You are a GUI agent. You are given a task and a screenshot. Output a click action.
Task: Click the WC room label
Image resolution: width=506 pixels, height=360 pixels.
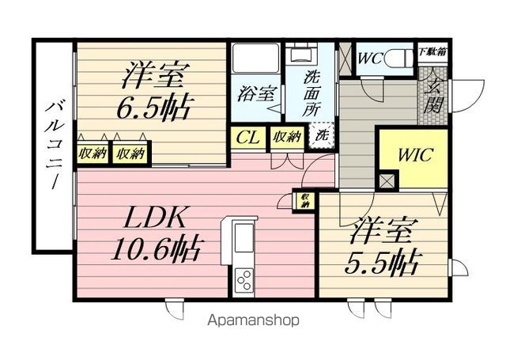click(x=370, y=59)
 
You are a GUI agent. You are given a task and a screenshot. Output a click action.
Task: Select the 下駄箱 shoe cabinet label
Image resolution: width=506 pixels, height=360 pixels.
click(x=432, y=52)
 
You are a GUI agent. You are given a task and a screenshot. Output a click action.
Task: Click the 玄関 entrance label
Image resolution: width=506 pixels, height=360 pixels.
click(x=432, y=96)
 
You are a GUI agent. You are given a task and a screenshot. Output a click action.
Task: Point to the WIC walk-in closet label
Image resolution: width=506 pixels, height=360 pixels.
click(x=414, y=154)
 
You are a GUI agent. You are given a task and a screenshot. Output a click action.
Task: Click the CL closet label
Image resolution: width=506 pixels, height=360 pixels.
click(x=247, y=138)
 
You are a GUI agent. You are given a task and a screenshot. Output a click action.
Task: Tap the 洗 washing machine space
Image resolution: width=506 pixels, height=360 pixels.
click(x=322, y=135)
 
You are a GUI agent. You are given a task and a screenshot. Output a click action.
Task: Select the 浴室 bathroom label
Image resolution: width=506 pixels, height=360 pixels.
click(x=255, y=93)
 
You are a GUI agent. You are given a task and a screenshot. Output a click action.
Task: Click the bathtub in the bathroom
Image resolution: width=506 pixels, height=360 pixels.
click(x=255, y=58)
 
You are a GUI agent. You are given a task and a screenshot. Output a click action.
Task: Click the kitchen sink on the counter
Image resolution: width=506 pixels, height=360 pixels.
click(x=244, y=238)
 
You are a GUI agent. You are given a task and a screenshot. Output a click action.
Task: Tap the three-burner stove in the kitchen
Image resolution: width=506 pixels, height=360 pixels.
click(x=244, y=280)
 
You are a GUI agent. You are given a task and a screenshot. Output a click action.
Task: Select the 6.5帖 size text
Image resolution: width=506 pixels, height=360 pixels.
click(x=152, y=108)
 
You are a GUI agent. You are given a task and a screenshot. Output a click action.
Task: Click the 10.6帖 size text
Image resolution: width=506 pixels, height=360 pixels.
click(x=154, y=249)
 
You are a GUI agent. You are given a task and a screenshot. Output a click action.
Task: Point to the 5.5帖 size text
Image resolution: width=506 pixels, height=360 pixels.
click(x=383, y=263)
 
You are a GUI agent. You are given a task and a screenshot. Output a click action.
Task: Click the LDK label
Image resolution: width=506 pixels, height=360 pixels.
click(x=154, y=218)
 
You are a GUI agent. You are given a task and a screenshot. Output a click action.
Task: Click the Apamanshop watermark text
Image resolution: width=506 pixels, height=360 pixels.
click(x=253, y=320)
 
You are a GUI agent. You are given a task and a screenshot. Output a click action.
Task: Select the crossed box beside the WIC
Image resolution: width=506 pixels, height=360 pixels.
click(x=387, y=181)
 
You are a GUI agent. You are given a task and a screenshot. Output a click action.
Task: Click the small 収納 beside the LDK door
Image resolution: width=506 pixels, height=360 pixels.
click(x=304, y=200)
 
